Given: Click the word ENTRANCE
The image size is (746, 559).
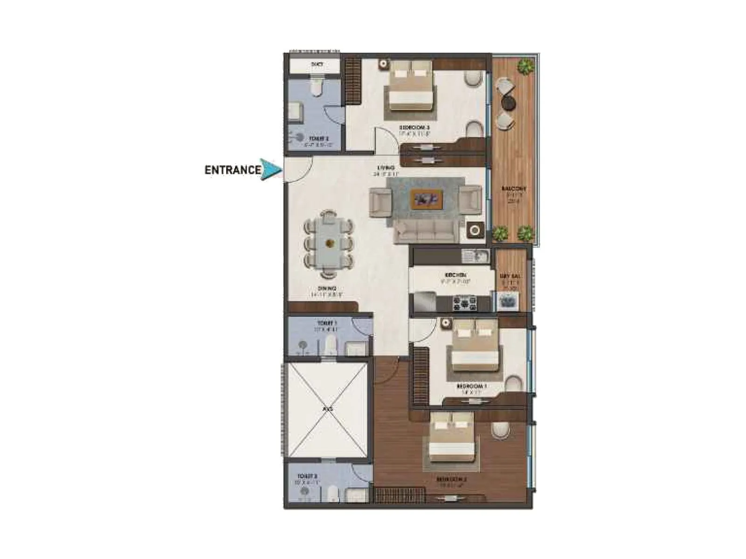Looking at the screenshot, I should click(232, 170).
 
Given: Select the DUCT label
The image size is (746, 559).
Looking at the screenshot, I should click(317, 64).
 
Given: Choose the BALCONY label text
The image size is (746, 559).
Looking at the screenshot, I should click(514, 189).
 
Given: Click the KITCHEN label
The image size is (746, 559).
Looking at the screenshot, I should click(456, 275).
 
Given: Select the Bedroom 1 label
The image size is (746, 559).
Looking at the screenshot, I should click(471, 386).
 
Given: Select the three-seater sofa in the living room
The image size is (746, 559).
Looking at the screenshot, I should click(424, 232).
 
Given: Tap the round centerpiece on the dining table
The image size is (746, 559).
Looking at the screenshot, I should click(330, 243).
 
